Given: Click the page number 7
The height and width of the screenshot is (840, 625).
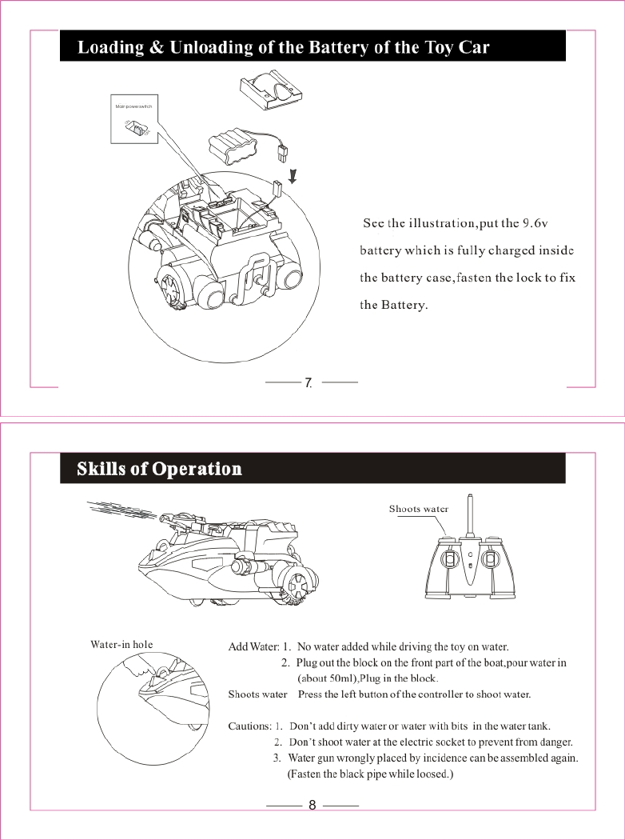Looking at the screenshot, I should pos(308,384).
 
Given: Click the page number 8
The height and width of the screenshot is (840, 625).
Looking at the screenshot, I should pos(312,805).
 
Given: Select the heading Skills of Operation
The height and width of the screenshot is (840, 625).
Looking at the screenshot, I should pos(159,468).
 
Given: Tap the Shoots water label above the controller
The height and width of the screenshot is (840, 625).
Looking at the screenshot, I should pos(418,509).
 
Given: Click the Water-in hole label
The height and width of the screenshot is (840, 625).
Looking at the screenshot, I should pos(121,643).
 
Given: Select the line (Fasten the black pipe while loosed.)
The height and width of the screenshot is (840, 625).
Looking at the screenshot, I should pos(370,774).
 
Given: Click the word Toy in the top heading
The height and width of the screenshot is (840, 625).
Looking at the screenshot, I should pos(440,47).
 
